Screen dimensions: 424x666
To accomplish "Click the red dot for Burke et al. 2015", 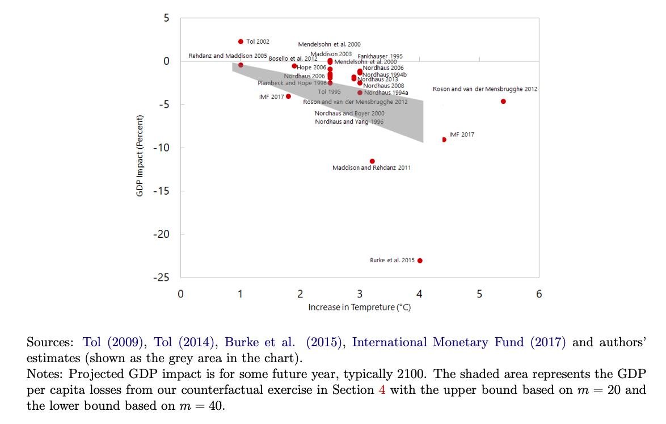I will click(x=420, y=261).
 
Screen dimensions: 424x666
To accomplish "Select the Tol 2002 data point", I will click(x=241, y=41).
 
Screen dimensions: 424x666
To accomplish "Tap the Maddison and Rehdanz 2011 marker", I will click(x=372, y=161).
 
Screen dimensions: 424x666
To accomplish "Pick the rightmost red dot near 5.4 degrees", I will click(x=503, y=102).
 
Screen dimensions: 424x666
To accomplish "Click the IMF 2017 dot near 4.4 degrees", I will click(x=444, y=140).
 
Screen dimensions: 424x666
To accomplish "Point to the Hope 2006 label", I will click(x=312, y=68).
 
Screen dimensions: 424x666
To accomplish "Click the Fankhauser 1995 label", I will click(x=380, y=56).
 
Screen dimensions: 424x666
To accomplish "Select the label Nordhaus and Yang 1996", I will click(x=349, y=121).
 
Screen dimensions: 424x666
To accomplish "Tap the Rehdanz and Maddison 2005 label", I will click(x=227, y=56).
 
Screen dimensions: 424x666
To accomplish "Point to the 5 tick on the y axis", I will click(x=166, y=18).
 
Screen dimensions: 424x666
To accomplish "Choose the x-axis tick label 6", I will click(x=539, y=294).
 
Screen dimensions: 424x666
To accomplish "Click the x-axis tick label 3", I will click(x=360, y=294).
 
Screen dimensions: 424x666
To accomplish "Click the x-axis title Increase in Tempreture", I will click(x=359, y=308).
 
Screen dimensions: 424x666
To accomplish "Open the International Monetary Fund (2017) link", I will click(x=458, y=342).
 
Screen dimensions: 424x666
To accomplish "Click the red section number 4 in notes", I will click(x=382, y=391).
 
